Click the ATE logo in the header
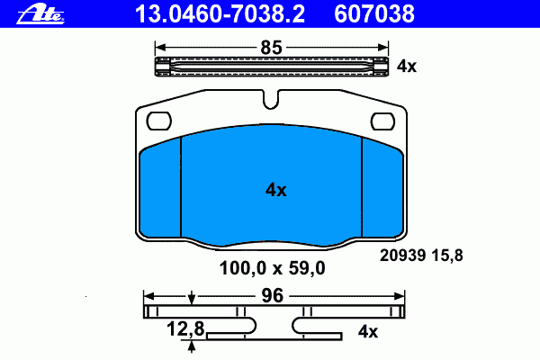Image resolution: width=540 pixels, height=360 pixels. (x=40, y=15)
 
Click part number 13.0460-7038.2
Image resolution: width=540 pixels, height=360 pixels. (x=220, y=14)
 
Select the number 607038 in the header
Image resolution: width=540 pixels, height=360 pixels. (x=374, y=14)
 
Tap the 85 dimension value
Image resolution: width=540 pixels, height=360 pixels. (x=272, y=48)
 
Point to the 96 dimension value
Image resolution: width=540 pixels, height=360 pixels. (x=272, y=295)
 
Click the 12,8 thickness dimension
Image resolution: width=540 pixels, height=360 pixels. (x=185, y=328)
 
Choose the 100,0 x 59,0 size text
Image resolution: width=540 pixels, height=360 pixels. (x=272, y=268)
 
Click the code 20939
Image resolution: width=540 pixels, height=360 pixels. (x=402, y=256)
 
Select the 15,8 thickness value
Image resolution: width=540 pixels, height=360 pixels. (x=447, y=256)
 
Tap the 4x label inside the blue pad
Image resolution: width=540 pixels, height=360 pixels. (x=276, y=190)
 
